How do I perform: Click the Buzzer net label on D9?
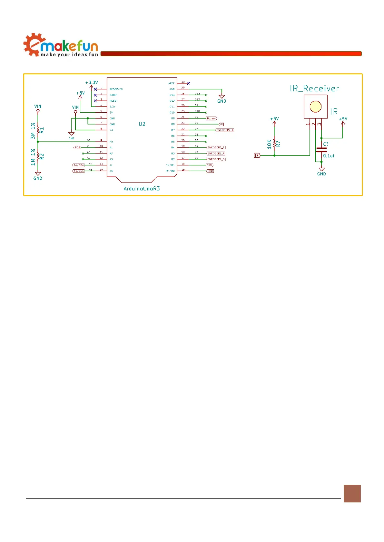pos(212,118)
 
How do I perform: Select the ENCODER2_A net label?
pos(225,130)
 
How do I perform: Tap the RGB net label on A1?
pos(77,147)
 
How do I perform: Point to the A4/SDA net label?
pos(78,165)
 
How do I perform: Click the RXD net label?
pos(210,171)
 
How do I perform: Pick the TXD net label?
pos(210,165)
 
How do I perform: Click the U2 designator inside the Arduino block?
pos(142,124)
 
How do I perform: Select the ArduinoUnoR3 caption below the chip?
pos(142,189)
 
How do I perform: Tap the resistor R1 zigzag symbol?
pos(38,130)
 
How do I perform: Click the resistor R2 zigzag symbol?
pos(38,156)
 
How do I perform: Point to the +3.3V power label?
pos(92,83)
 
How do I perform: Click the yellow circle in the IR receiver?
pos(315,107)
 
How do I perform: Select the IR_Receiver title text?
pos(314,89)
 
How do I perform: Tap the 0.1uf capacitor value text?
pos(329,156)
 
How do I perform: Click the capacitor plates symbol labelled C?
pos(321,150)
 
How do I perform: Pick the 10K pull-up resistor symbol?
pos(274,143)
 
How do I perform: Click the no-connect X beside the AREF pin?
pos(189,83)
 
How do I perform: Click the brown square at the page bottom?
pos(352,493)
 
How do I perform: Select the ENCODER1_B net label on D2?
pos(216,159)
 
